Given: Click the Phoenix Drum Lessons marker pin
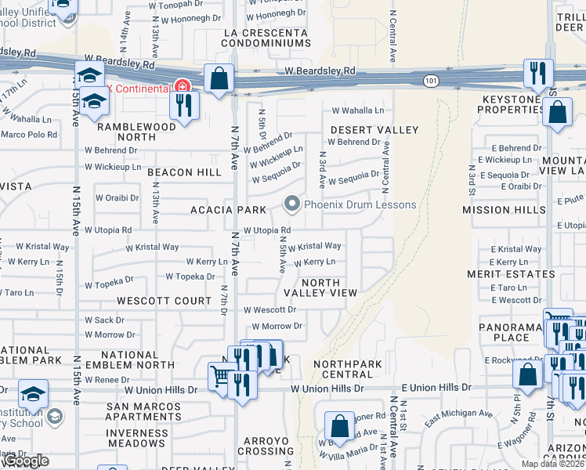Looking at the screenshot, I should (292, 205).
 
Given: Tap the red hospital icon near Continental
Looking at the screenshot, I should (182, 85).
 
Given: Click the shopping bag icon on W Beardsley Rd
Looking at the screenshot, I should (219, 78).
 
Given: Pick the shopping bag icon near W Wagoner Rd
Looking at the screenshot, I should (340, 426).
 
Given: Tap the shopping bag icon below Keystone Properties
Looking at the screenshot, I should (556, 111).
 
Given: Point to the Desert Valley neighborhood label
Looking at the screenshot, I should (374, 129).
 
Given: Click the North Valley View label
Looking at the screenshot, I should (320, 287).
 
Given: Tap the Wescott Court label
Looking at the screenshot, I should (165, 301).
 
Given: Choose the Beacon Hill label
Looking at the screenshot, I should (184, 172).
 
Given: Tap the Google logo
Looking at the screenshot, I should (25, 461).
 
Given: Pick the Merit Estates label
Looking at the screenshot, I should (522, 274).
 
